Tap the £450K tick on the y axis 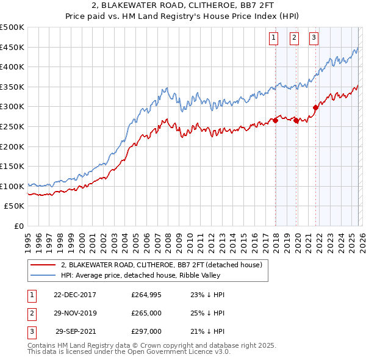[12, 47]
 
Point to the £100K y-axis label [12, 186]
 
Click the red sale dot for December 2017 [275, 120]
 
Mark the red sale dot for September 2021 [316, 107]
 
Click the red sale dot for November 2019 [296, 120]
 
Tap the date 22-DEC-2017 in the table [75, 295]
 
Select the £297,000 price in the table [146, 331]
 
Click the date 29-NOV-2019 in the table [75, 313]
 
